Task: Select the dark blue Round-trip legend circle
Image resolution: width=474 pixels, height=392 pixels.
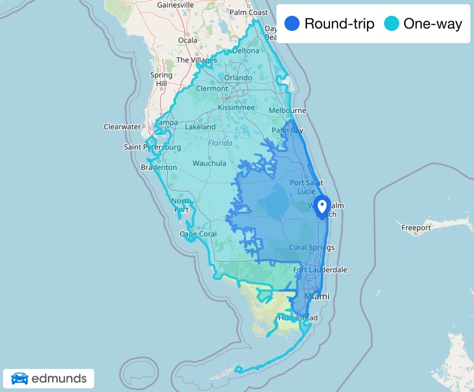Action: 292,24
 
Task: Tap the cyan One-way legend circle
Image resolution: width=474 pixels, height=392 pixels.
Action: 391,24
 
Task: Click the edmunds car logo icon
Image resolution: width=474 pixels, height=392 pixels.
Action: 19,379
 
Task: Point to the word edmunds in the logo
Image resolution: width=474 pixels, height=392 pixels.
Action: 58,379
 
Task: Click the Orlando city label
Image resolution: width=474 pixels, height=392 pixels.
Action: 238,78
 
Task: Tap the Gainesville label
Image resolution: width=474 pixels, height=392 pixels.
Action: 175,5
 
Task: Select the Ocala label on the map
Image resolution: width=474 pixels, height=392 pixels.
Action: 188,41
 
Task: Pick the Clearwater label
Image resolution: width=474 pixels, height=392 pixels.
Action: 122,127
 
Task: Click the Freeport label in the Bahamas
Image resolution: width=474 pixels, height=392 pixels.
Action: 416,228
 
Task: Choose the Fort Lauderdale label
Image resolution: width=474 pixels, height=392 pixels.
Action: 320,269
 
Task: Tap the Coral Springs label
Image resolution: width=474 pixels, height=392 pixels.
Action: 311,247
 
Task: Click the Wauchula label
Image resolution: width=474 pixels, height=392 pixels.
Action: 209,163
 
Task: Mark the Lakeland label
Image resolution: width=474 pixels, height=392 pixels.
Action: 200,127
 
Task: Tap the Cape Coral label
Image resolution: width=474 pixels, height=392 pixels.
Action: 198,234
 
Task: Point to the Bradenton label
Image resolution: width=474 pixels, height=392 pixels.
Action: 159,167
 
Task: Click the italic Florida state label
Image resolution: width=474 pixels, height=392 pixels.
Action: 220,143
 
